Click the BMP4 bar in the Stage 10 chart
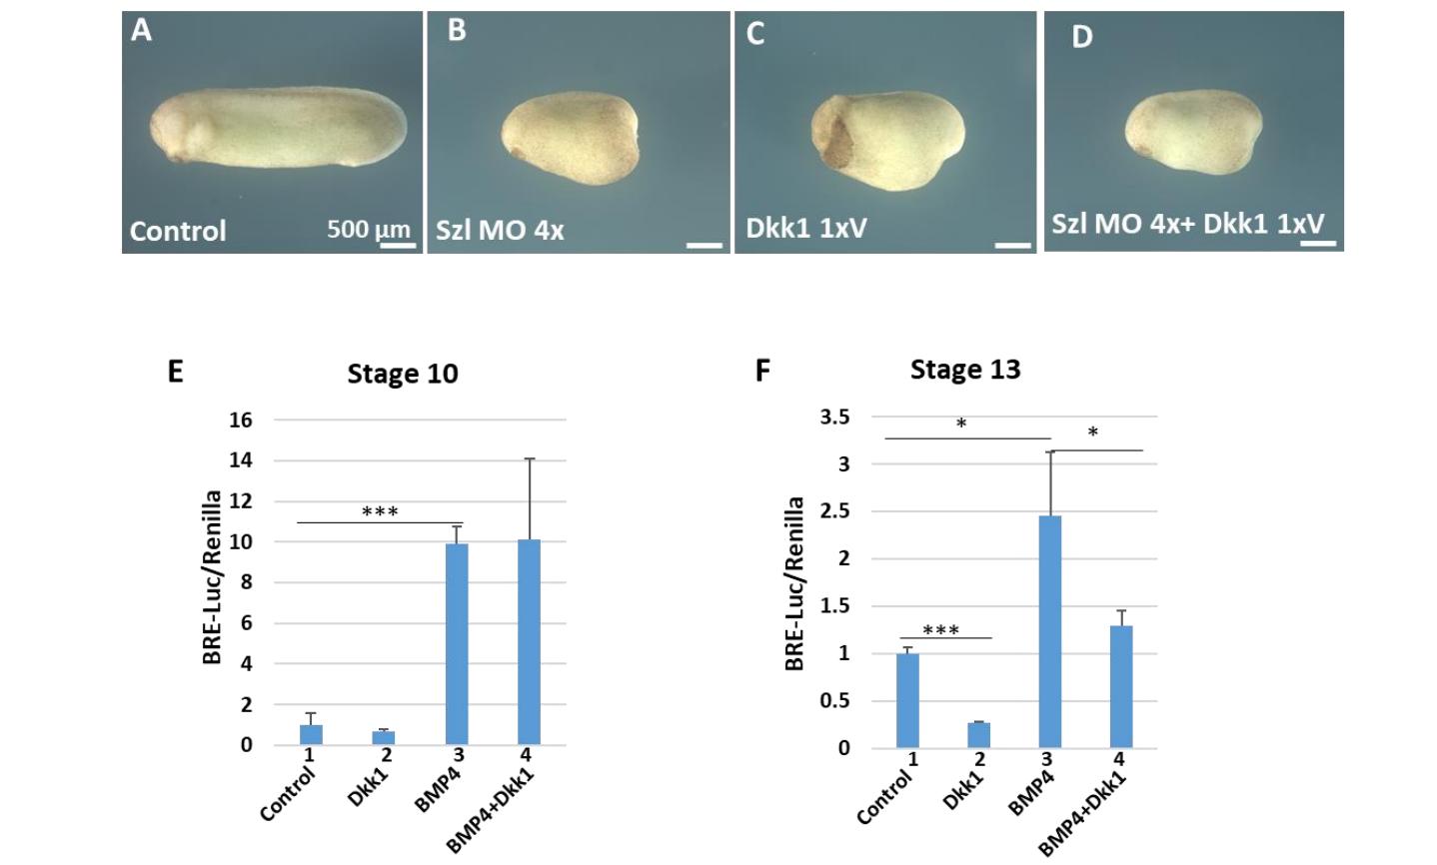[456, 644]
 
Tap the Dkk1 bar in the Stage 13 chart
[978, 734]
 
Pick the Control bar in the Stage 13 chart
[907, 700]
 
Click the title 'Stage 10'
[403, 374]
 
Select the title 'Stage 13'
[965, 370]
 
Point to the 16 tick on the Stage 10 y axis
[241, 420]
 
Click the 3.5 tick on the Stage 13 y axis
[835, 417]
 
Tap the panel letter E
[176, 372]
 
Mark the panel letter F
[762, 371]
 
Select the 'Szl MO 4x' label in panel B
[500, 230]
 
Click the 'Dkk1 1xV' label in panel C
[805, 228]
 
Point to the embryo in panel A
[278, 125]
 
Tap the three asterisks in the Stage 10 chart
[380, 512]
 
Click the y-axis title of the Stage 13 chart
[794, 583]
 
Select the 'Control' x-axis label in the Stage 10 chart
[288, 794]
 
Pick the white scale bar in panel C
[1013, 244]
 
